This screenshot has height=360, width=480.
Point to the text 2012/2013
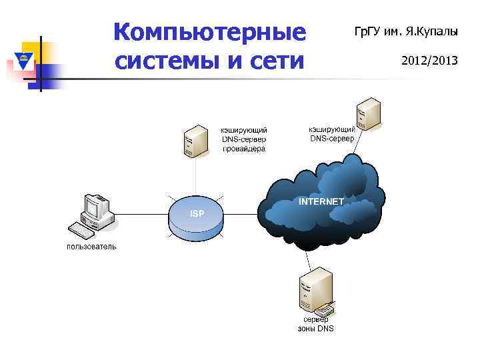pyautogui.click(x=429, y=61)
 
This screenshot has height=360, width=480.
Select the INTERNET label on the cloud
pyautogui.click(x=321, y=201)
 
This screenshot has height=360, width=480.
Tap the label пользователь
pyautogui.click(x=91, y=247)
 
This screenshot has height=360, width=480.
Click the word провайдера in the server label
pyautogui.click(x=244, y=149)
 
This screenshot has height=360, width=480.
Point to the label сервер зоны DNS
pyautogui.click(x=315, y=324)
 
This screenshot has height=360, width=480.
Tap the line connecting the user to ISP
pyautogui.click(x=140, y=216)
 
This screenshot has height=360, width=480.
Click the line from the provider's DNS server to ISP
pyautogui.click(x=196, y=178)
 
